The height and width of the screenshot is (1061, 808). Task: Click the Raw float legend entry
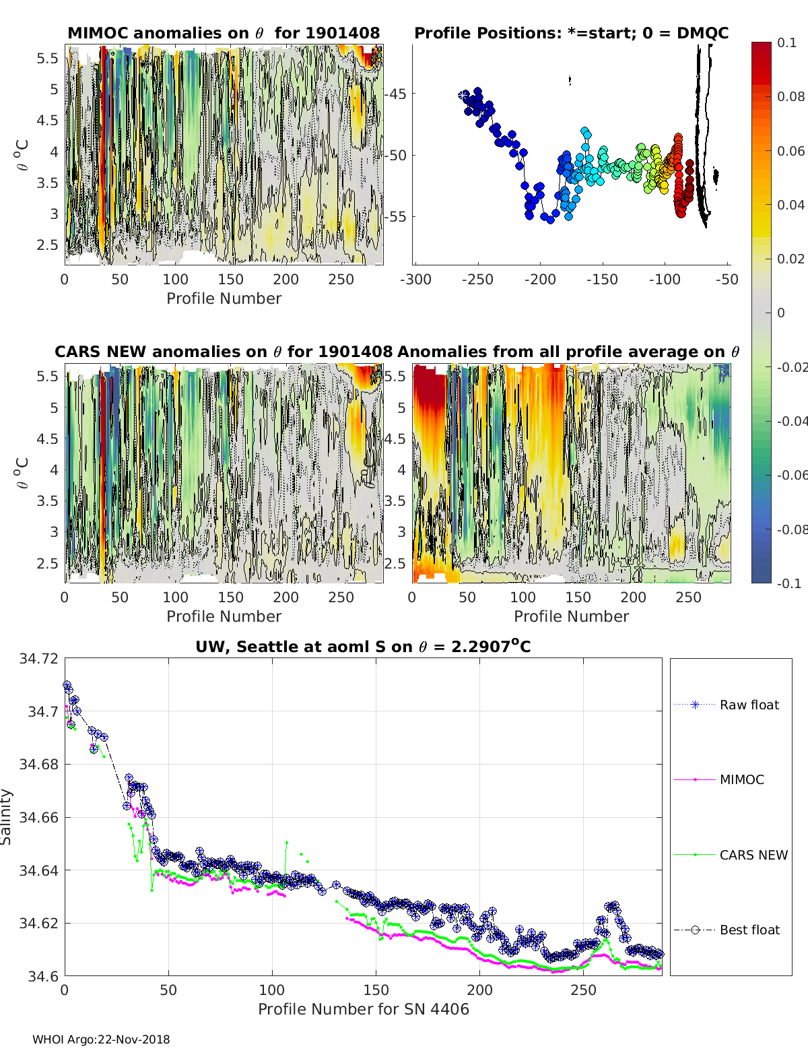tap(749, 705)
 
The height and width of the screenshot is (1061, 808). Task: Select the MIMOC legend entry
tap(741, 779)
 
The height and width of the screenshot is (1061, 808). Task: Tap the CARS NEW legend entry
tap(753, 855)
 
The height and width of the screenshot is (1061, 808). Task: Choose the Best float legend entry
tap(749, 930)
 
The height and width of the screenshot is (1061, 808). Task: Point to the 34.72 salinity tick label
tap(39, 658)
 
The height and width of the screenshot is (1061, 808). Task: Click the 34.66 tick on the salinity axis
tap(39, 817)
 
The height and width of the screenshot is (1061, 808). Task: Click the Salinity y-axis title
tap(7, 816)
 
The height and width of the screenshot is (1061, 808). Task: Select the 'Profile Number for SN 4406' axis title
tap(363, 1009)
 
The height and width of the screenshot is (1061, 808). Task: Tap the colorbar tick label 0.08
tap(790, 96)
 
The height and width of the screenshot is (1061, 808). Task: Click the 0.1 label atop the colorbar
tap(786, 42)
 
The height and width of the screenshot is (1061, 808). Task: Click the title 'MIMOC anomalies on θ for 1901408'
tap(224, 33)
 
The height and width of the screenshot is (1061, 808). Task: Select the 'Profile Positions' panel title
tap(571, 33)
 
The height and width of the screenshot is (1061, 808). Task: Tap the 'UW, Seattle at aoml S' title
tap(363, 647)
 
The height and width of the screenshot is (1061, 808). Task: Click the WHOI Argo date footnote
tap(101, 1039)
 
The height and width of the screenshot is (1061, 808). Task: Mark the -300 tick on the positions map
tap(415, 279)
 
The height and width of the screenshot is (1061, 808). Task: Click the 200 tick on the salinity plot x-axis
tap(479, 990)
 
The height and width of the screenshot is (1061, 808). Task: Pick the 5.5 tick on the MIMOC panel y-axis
tap(48, 58)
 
